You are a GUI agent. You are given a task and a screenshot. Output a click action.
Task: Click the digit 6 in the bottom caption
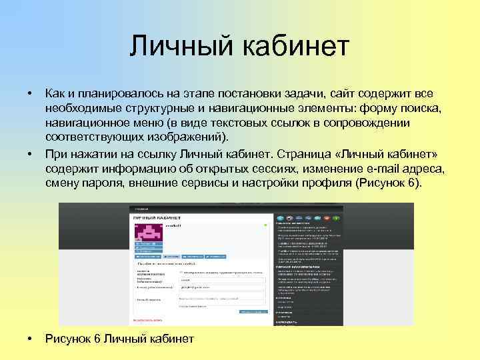[x=96, y=339]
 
